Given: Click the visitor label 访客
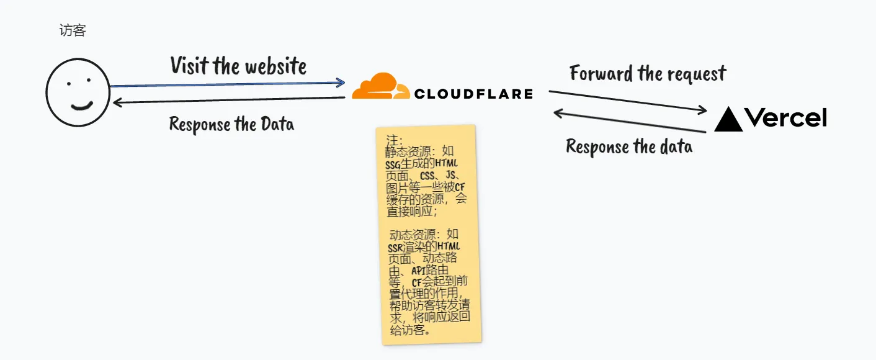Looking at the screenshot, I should pos(73,30).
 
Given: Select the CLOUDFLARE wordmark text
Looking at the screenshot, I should pos(473,94).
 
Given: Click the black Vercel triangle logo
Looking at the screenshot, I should pos(728,119).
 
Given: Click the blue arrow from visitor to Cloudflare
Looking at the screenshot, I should pos(226,83).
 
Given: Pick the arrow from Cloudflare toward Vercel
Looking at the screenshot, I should pos(628,101).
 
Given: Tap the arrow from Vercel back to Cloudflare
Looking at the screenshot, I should pos(629,122).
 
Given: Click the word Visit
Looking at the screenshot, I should pos(190,65).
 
